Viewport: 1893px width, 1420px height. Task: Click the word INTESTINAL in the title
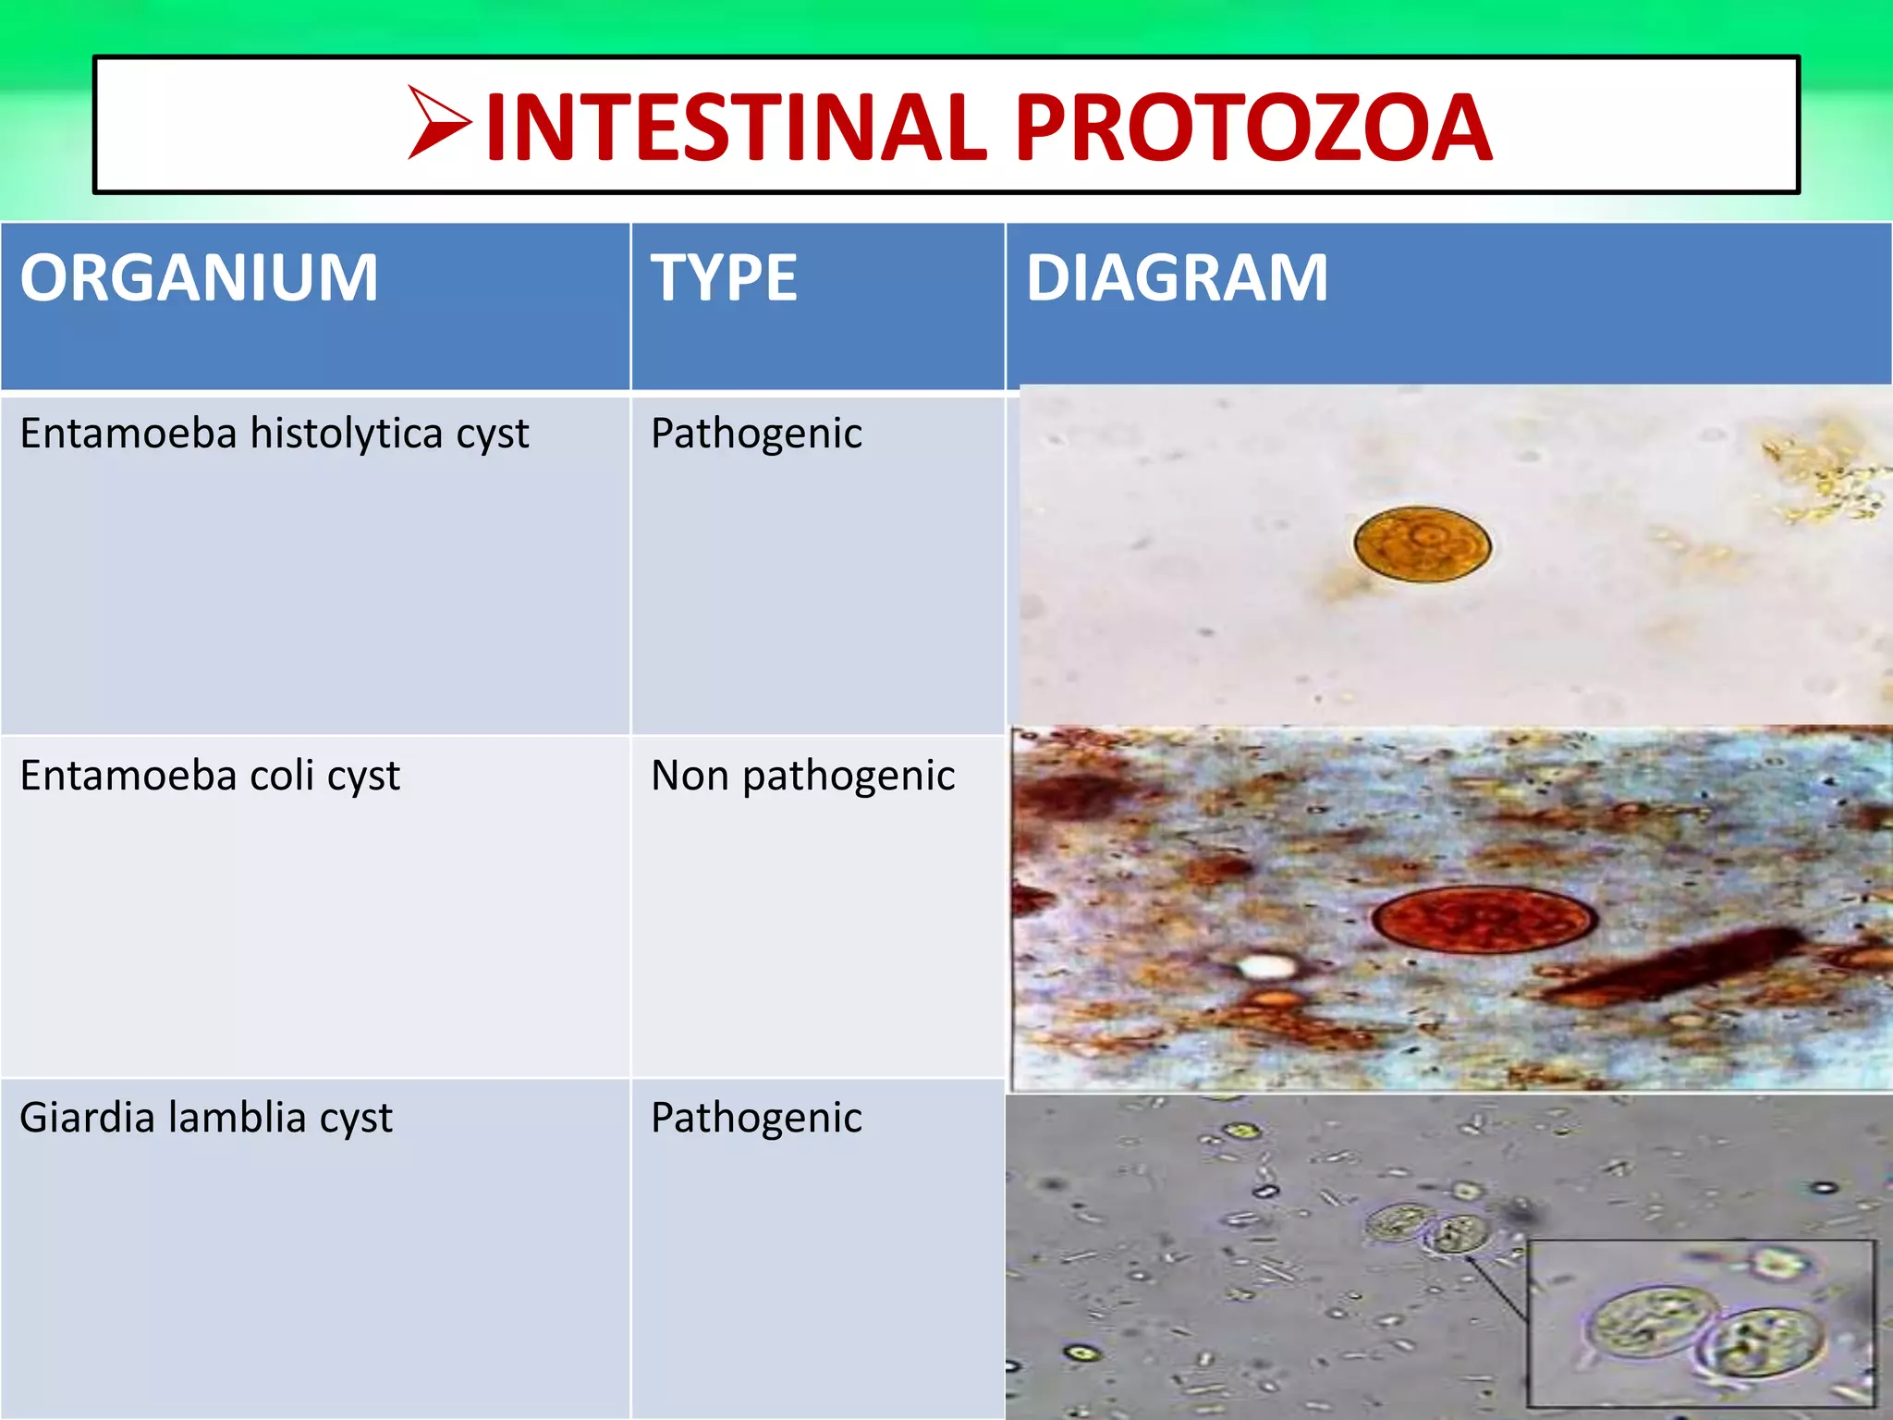736,128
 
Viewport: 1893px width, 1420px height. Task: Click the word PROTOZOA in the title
1252,128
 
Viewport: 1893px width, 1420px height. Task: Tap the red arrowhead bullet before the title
439,123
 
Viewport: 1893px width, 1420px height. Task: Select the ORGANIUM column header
199,277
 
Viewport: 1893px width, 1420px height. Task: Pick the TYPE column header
724,277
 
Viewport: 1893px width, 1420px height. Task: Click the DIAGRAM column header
1177,277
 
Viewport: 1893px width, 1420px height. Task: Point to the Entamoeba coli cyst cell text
210,775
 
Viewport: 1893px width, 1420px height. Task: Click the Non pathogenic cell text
802,775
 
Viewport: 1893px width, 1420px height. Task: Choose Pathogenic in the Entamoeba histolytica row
756,433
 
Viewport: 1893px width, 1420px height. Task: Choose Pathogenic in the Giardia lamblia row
756,1117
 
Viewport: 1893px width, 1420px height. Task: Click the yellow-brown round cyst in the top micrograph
1422,544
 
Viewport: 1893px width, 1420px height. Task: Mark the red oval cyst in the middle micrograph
1484,919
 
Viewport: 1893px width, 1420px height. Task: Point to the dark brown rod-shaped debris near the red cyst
1673,965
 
